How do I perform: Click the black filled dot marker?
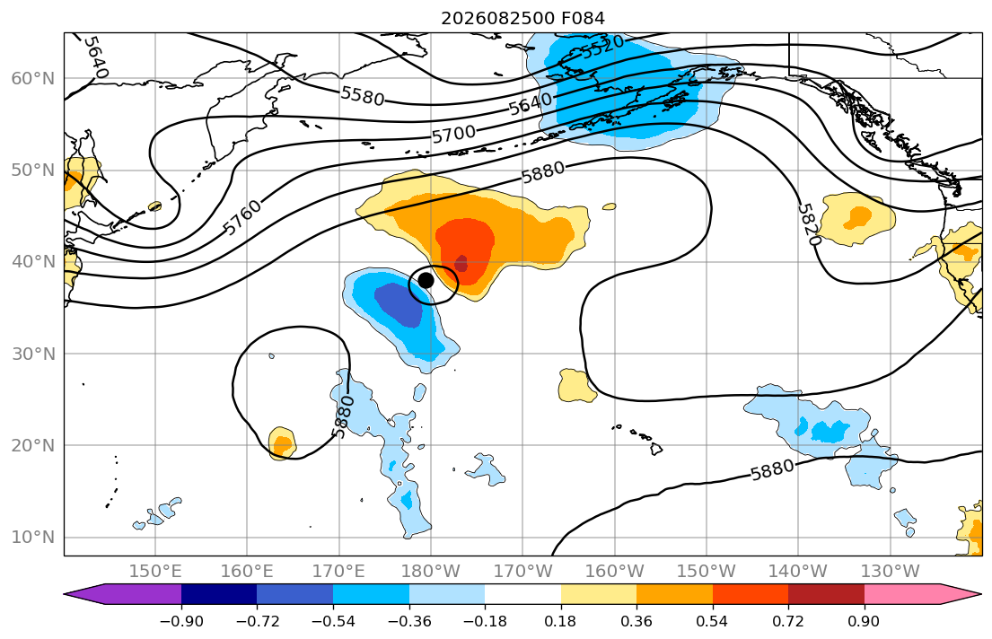(x=426, y=280)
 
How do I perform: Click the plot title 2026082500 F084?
(x=522, y=18)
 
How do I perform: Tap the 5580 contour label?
(x=363, y=95)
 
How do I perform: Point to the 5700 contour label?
(x=453, y=134)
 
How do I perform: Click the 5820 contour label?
(x=809, y=224)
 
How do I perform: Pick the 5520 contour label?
(x=602, y=47)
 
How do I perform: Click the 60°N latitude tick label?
(x=33, y=78)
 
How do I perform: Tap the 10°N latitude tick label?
(x=33, y=538)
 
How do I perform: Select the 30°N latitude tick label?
(x=33, y=354)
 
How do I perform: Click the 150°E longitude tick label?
(x=155, y=572)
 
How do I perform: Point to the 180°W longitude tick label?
(x=431, y=572)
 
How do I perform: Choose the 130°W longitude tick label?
(x=891, y=572)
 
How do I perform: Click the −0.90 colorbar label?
(x=181, y=621)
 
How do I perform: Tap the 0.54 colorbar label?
(x=712, y=621)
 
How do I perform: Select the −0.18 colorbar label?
(x=485, y=621)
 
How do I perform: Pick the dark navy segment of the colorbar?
(x=219, y=594)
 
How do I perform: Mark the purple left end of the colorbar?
(x=123, y=594)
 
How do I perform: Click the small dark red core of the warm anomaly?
(x=461, y=263)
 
